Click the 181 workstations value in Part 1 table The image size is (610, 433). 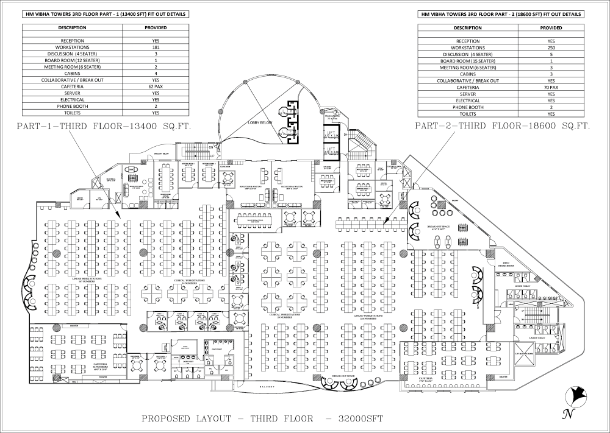pos(155,47)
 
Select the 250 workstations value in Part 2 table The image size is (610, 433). pos(551,47)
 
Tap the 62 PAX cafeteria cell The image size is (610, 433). pos(155,86)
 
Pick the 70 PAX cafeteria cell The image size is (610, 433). pos(551,86)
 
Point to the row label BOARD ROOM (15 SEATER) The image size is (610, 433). pos(468,60)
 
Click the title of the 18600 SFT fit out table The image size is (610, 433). pos(500,13)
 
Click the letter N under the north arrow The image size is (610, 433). pos(567,415)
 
